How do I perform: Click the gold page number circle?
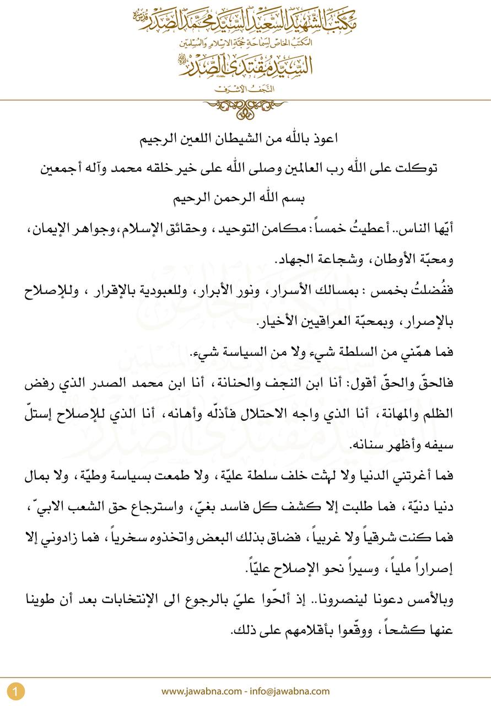(16, 691)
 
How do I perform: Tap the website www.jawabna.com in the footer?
(201, 691)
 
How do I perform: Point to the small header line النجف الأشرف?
(246, 88)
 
